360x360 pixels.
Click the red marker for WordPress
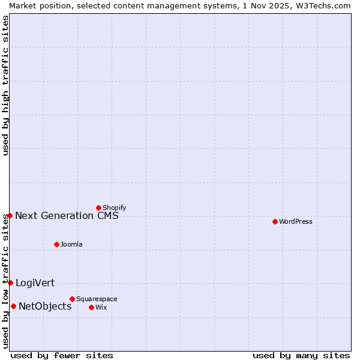[275, 221]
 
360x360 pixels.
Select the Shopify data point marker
[98, 208]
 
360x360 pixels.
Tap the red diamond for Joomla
[56, 244]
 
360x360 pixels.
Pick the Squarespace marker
[72, 299]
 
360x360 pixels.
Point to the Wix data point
[91, 307]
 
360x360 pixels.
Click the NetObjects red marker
[13, 306]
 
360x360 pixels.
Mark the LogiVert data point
[10, 283]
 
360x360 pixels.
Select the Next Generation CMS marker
[10, 215]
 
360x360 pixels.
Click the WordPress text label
[296, 221]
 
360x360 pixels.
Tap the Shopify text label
[114, 208]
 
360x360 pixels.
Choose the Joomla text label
[71, 244]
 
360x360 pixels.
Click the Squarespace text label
[97, 299]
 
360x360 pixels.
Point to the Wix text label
[101, 307]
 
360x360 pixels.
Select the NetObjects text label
[45, 306]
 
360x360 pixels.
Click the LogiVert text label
[35, 283]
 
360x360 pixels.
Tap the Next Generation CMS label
[67, 215]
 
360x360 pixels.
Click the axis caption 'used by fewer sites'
[62, 355]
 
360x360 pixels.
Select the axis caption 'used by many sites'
[301, 355]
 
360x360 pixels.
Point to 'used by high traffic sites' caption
[5, 85]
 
